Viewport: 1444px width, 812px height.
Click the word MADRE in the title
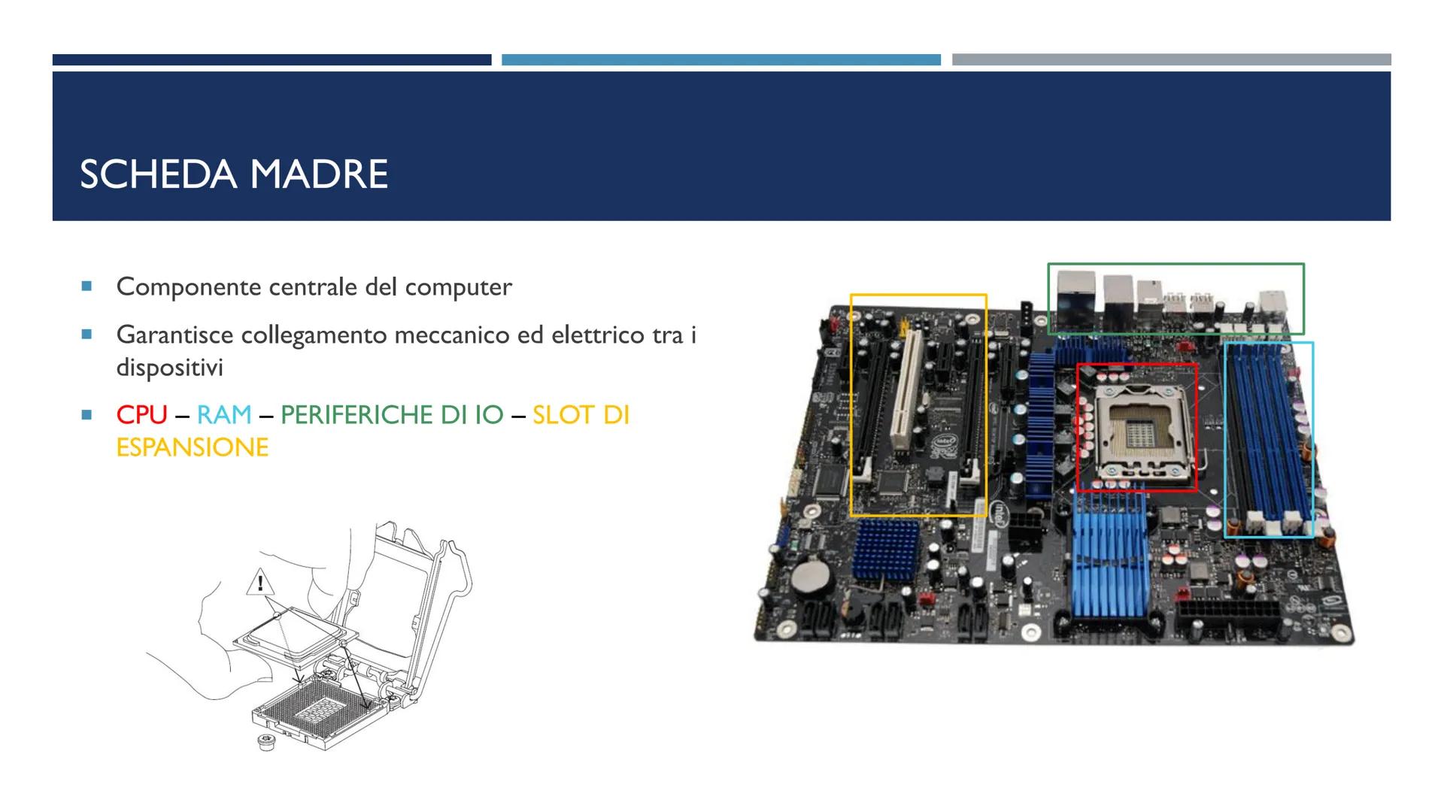(319, 174)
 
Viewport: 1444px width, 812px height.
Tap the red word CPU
(141, 414)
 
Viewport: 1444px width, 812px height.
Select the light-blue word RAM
(224, 414)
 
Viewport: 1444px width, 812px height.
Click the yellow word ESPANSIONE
(193, 447)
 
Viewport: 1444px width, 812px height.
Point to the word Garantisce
(174, 335)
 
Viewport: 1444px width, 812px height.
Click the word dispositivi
(169, 368)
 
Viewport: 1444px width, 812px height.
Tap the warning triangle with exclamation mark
(260, 583)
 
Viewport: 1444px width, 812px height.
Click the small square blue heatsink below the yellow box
(887, 548)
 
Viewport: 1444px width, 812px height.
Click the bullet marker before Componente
(87, 286)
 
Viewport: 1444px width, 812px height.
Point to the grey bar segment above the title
(1171, 59)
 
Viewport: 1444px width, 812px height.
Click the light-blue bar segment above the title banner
(720, 59)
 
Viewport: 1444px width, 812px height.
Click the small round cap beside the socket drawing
(265, 743)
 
